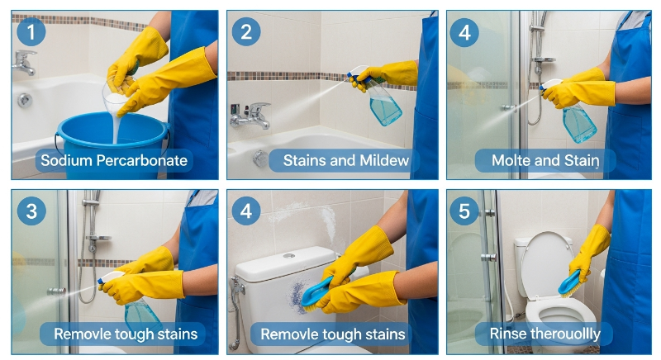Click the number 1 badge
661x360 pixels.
coord(31,31)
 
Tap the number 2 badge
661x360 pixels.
coord(246,31)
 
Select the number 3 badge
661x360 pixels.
coord(31,211)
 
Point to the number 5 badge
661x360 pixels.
coord(464,211)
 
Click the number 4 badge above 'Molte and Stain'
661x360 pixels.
coord(464,32)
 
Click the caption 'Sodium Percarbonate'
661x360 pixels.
coord(114,160)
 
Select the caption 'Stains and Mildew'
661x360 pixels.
coord(345,160)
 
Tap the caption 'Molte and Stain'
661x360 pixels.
coord(545,160)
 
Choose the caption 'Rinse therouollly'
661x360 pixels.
coord(544,334)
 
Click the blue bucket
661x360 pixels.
coord(112,143)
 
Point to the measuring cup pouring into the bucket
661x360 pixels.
coord(116,99)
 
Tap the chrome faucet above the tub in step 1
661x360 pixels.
coord(24,62)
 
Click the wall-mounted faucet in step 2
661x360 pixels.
coord(250,116)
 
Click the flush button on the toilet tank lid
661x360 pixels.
coord(288,256)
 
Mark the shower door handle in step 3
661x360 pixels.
coord(56,291)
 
